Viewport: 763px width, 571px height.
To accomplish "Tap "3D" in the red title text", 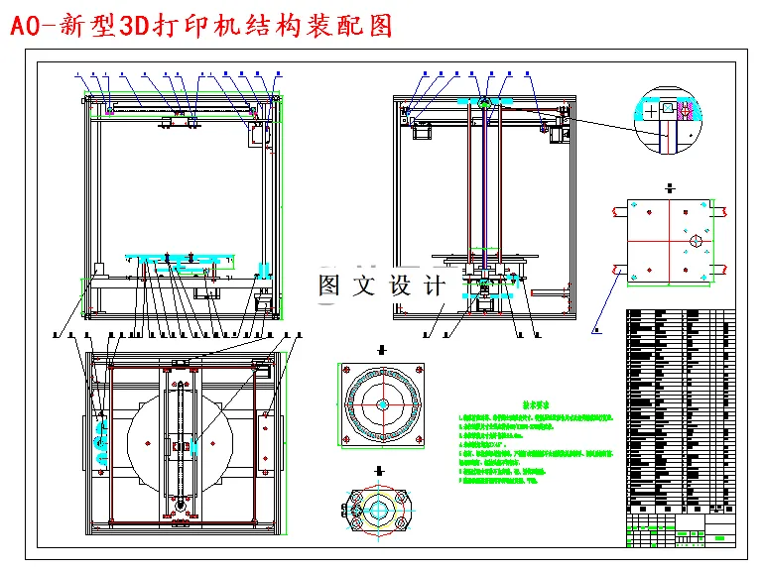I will [x=132, y=27].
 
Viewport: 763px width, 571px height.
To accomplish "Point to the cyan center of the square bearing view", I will [x=382, y=404].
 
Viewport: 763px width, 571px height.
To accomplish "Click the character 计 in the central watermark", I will [x=434, y=286].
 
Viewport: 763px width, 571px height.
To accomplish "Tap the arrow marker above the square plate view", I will [x=671, y=186].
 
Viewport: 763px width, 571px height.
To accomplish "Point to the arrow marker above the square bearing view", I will [x=382, y=350].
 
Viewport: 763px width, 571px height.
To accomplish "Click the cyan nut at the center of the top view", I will [x=184, y=447].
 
